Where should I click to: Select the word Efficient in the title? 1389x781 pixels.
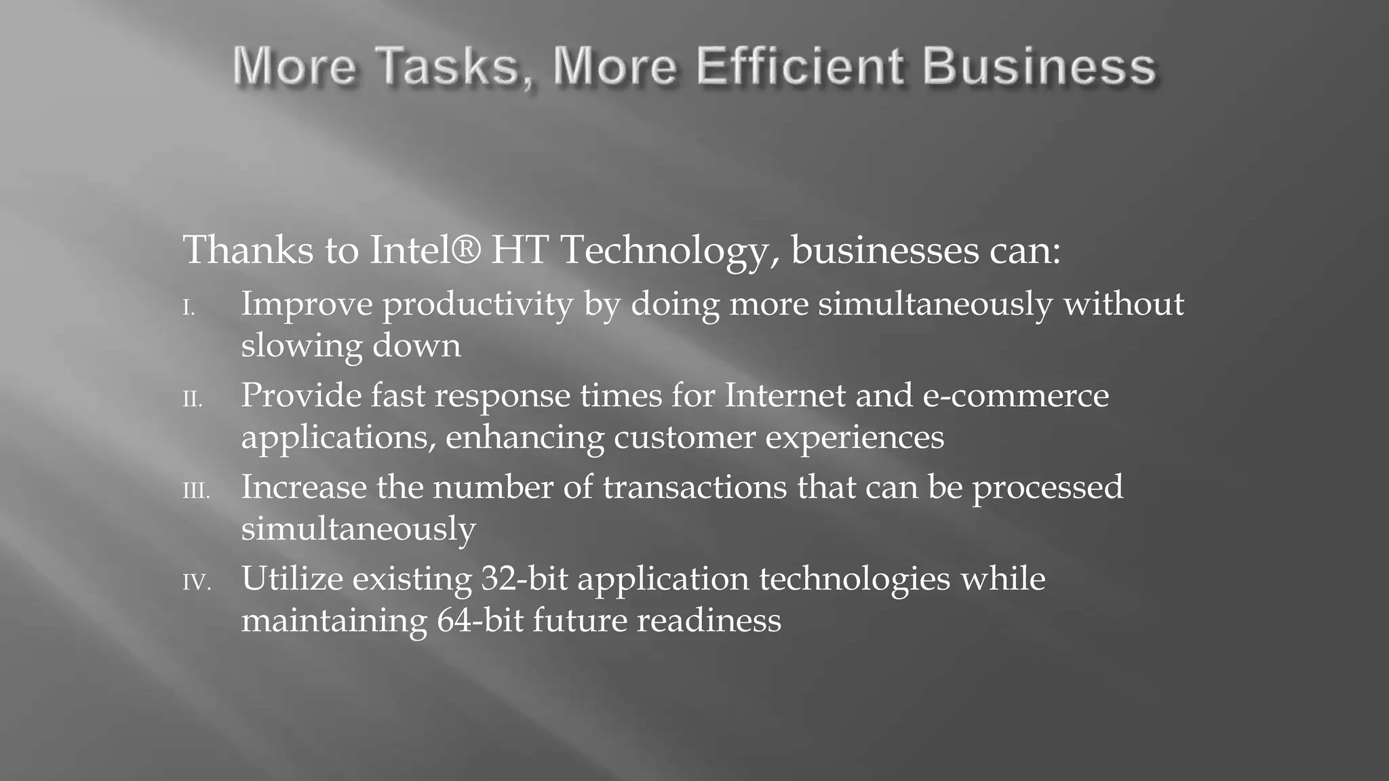(x=799, y=66)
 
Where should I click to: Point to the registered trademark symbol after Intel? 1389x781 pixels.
(x=467, y=248)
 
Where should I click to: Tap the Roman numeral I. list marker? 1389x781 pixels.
(x=189, y=309)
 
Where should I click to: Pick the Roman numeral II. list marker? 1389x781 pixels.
(x=193, y=401)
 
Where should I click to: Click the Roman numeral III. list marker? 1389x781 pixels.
(x=196, y=492)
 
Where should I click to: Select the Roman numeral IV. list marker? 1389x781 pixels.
(x=196, y=583)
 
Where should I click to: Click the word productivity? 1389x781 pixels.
(x=477, y=305)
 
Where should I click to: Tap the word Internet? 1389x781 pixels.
(x=785, y=395)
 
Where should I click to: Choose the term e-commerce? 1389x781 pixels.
(x=1015, y=396)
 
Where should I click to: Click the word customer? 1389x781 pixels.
(x=684, y=437)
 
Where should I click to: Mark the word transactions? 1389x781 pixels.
(x=694, y=487)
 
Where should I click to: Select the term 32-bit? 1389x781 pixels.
(x=524, y=578)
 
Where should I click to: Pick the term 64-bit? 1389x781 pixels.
(x=480, y=620)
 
